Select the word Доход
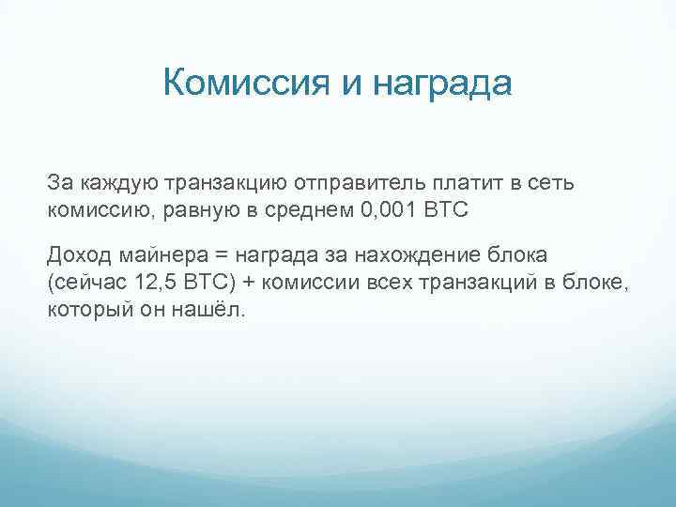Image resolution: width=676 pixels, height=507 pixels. point(79,255)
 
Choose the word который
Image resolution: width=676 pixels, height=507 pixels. point(85,311)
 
